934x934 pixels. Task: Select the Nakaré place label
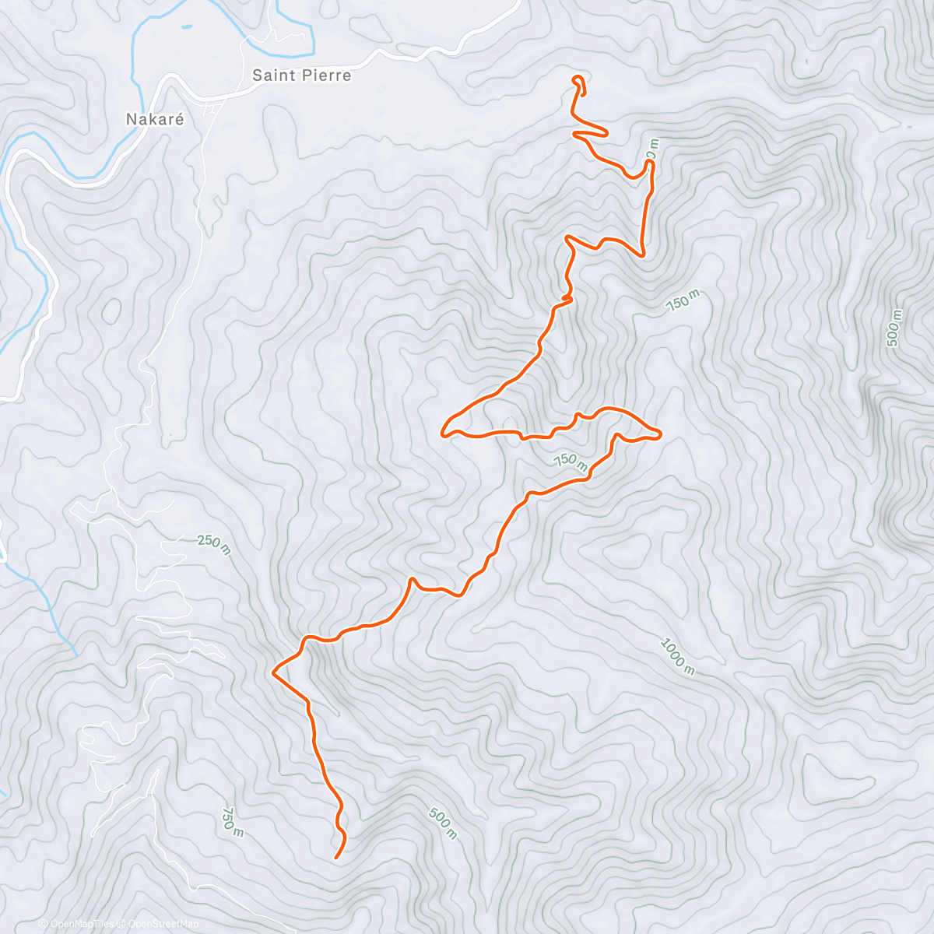coord(156,120)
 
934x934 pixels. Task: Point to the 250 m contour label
coord(214,545)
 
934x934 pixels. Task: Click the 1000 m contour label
coord(677,656)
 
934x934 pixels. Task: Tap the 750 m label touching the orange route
coord(571,460)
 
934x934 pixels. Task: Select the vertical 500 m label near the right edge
coord(894,328)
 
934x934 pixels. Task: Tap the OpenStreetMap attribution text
coord(163,924)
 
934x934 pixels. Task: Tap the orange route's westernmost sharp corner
coord(273,670)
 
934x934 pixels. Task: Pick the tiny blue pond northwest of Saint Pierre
coord(185,28)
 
